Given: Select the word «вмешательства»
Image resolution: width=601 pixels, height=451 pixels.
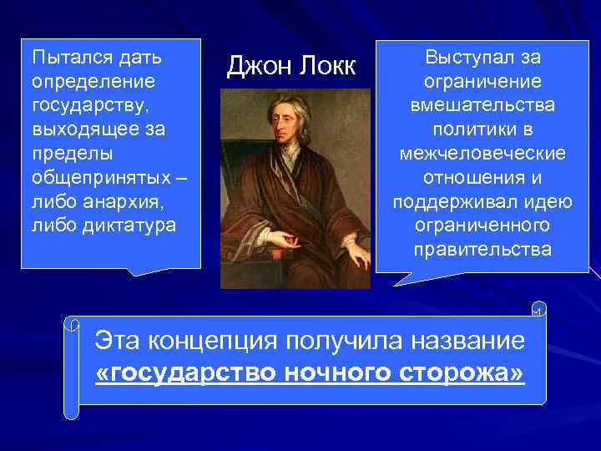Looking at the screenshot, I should coord(483,106).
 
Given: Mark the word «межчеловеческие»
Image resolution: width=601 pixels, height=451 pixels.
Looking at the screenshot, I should coord(483,154).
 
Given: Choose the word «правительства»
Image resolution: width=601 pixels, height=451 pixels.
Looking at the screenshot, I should coord(483,250).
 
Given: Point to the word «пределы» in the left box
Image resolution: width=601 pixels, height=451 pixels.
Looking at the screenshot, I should coord(61,155).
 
